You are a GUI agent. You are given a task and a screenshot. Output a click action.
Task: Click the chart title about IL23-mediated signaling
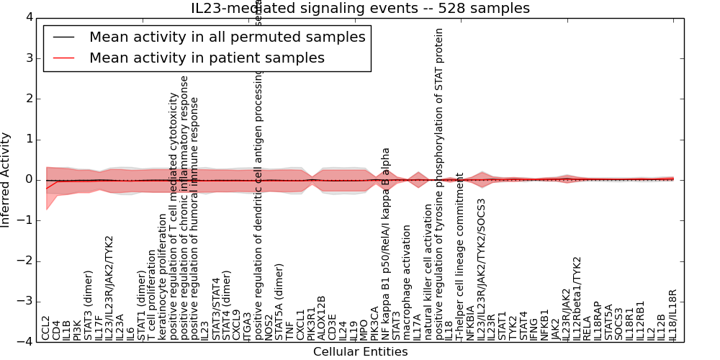pyautogui.click(x=360, y=8)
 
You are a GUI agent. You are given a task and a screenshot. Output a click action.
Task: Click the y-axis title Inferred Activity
pyautogui.click(x=6, y=180)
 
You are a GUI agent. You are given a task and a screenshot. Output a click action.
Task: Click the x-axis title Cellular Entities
pyautogui.click(x=360, y=352)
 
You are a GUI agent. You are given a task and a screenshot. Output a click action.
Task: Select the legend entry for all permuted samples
pyautogui.click(x=227, y=37)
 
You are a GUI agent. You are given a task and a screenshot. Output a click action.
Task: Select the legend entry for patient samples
pyautogui.click(x=207, y=58)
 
